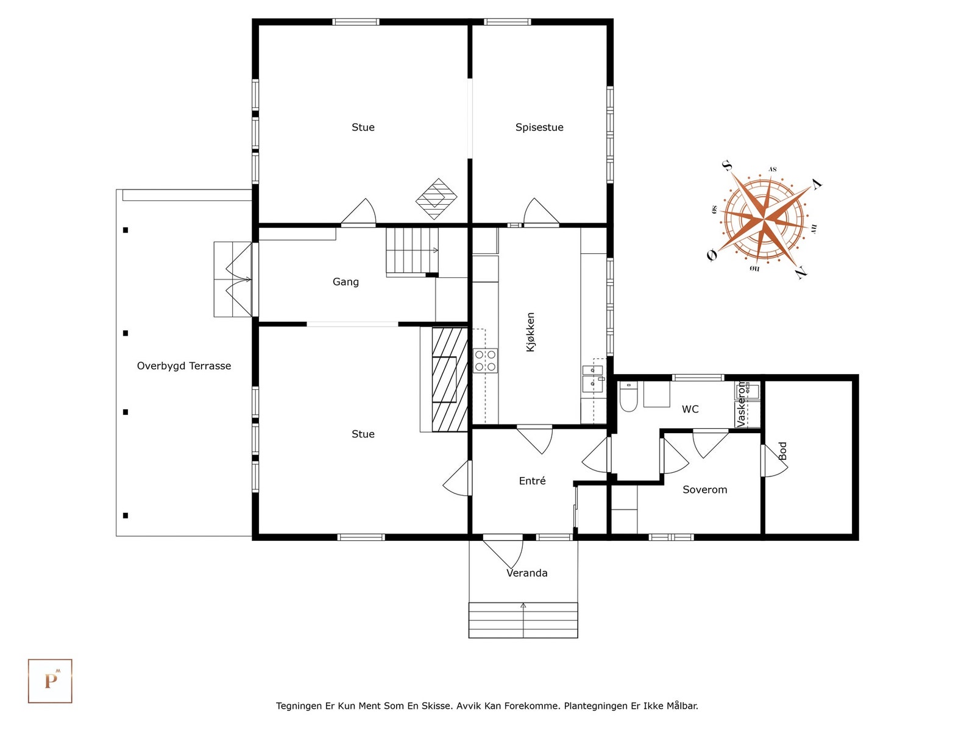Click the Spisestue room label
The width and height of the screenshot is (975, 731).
(539, 127)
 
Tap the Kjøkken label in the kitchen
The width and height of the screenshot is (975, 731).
(530, 332)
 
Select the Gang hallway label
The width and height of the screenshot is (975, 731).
(346, 282)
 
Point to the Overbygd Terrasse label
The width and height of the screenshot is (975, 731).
(184, 365)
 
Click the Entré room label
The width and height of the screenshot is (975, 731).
(532, 480)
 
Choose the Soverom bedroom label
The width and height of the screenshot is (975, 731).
(704, 490)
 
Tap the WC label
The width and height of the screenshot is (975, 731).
(690, 409)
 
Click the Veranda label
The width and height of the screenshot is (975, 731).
(527, 573)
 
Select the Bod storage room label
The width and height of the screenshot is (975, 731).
(782, 451)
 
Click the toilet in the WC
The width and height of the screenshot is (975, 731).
(628, 397)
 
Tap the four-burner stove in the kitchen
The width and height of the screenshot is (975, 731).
(485, 361)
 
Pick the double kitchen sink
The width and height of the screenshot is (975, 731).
(592, 378)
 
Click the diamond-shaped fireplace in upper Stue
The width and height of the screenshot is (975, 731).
(436, 199)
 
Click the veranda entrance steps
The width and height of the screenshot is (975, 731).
(523, 620)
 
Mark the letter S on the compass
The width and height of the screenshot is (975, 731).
(726, 166)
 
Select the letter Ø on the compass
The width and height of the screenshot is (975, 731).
(712, 255)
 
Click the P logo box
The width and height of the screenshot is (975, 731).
(50, 681)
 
